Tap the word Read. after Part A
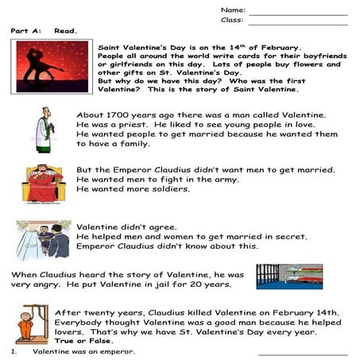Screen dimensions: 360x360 pyautogui.click(x=66, y=30)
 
